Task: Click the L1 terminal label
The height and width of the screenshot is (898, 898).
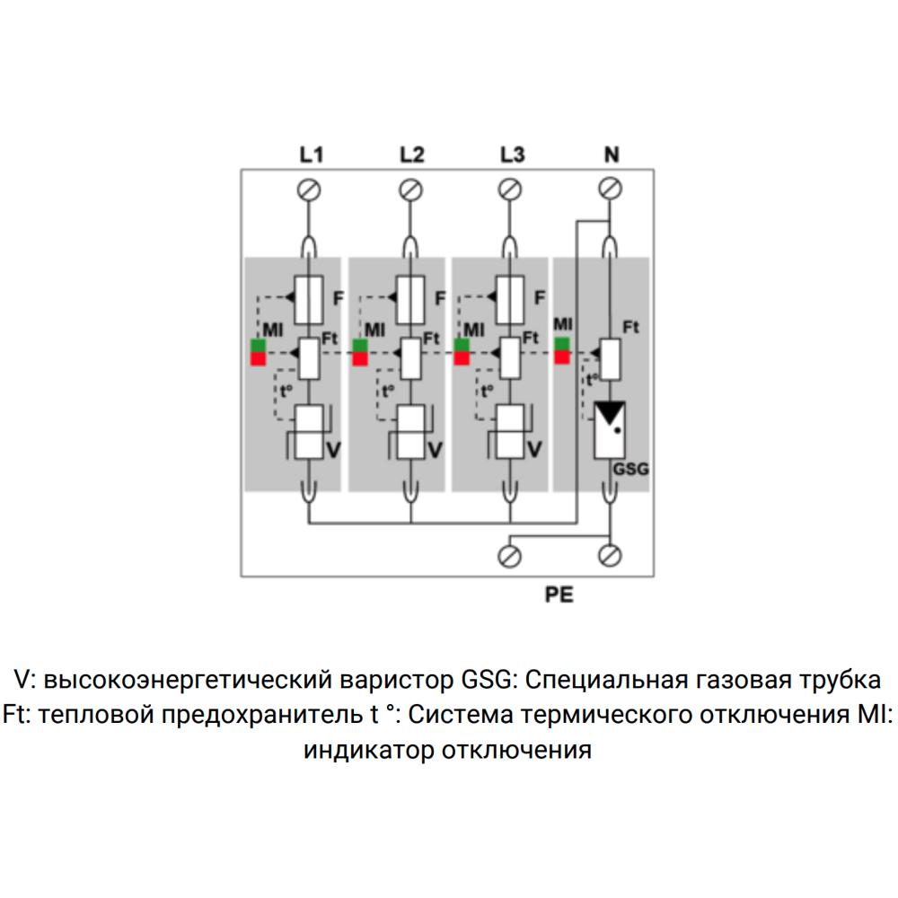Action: click(x=311, y=155)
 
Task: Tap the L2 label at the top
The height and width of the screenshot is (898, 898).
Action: click(x=411, y=155)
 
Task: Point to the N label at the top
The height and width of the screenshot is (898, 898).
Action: click(x=611, y=155)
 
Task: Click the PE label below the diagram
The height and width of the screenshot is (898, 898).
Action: click(x=559, y=594)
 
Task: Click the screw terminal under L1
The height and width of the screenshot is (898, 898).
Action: click(x=311, y=189)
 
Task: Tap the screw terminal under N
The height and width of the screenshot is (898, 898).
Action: click(x=611, y=188)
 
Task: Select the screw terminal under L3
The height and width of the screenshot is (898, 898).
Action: click(x=511, y=189)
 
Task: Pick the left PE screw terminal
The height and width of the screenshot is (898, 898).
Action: click(x=511, y=556)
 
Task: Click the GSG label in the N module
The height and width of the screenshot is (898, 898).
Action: click(x=629, y=469)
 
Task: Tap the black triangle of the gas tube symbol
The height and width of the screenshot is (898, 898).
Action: click(x=611, y=411)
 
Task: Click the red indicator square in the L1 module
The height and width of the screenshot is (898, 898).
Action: click(x=259, y=359)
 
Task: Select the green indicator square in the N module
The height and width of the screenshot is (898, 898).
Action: click(x=562, y=344)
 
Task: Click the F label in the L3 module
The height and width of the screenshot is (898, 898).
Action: click(x=540, y=297)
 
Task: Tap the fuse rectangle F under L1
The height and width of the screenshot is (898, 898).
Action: click(x=310, y=299)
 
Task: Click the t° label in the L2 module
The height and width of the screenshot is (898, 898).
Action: click(x=387, y=392)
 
